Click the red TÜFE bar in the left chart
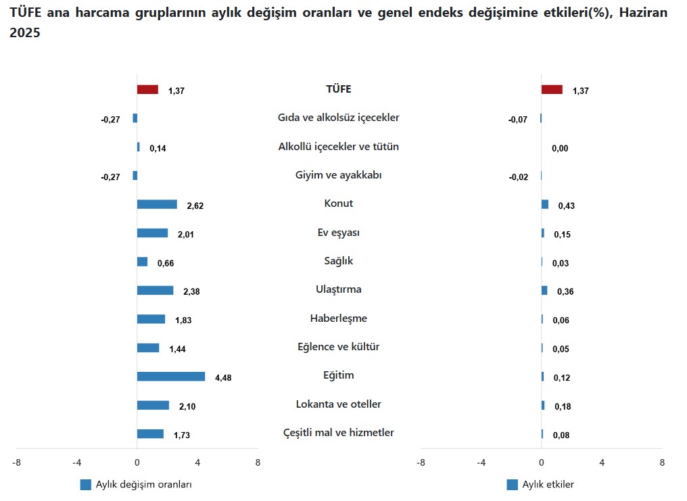(x=147, y=89)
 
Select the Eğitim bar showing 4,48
(x=170, y=377)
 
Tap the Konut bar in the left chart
(x=157, y=204)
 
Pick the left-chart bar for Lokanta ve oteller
(x=153, y=405)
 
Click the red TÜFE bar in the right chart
(x=552, y=89)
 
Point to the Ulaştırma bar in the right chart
(x=544, y=290)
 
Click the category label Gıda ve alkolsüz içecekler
(x=338, y=118)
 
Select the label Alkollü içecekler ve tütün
(x=338, y=147)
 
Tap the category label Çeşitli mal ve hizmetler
(x=338, y=433)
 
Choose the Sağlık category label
(x=338, y=261)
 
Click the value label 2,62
(x=195, y=206)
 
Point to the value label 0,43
(x=566, y=206)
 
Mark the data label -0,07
(x=518, y=120)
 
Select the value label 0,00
(x=560, y=149)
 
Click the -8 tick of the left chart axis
(x=16, y=463)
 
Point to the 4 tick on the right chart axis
(x=602, y=463)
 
